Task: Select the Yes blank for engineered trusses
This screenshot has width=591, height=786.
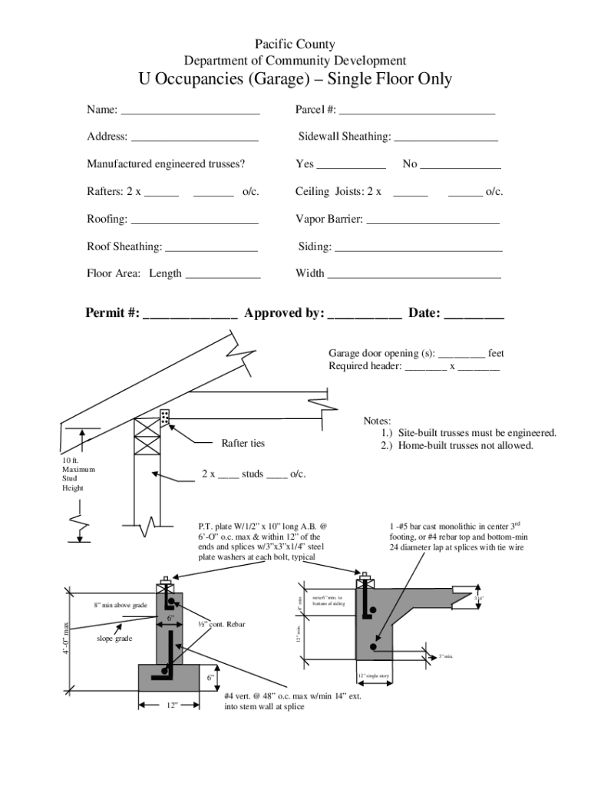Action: (352, 167)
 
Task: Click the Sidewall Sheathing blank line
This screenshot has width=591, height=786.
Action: (446, 140)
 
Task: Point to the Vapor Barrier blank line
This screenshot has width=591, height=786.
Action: (433, 223)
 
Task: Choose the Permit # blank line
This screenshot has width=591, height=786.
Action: (190, 317)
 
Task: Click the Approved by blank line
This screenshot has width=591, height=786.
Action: (365, 317)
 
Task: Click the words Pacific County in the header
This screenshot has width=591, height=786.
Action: (295, 45)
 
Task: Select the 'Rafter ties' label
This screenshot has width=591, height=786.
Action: (243, 444)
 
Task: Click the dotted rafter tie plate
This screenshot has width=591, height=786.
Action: (164, 418)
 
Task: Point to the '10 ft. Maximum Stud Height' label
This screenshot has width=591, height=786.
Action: (78, 474)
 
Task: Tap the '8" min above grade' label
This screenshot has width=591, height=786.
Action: (121, 606)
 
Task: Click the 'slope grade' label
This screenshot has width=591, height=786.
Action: (114, 639)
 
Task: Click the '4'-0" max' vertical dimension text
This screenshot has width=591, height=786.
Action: (67, 638)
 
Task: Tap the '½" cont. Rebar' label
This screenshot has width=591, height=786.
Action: (221, 625)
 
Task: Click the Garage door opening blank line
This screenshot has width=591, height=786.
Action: (462, 358)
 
